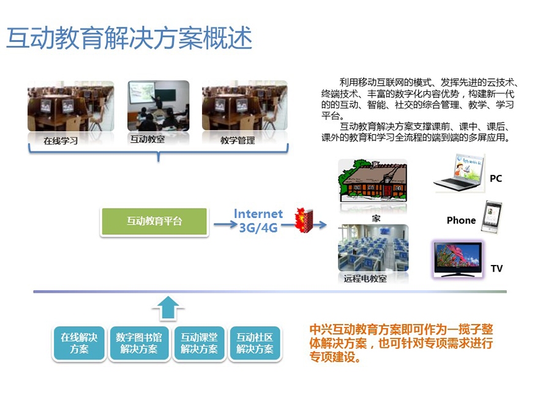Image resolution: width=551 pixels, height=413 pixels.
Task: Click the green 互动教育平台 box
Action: (x=154, y=221)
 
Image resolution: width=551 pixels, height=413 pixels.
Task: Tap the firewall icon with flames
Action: (x=304, y=220)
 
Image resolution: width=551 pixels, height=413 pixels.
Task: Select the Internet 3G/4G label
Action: (x=258, y=221)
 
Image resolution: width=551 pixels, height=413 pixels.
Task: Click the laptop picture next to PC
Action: (x=459, y=173)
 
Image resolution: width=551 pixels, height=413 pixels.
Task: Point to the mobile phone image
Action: (x=491, y=217)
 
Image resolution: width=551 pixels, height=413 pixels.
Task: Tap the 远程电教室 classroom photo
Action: (x=373, y=248)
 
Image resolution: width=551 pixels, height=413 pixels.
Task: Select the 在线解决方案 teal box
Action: (x=79, y=343)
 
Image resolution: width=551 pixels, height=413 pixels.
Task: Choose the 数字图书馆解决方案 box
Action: (x=139, y=343)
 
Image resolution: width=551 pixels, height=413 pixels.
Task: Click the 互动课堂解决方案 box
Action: (x=199, y=343)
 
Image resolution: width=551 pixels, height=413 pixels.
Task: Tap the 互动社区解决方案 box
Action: (x=255, y=343)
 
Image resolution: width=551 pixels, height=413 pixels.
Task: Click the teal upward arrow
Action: (x=168, y=308)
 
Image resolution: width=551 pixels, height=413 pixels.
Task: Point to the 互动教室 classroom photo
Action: (x=158, y=106)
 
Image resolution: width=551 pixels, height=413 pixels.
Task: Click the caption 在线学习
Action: (x=61, y=141)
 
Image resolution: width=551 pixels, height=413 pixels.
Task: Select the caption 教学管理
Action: (x=238, y=141)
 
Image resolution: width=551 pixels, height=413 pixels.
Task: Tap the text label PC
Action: (x=496, y=179)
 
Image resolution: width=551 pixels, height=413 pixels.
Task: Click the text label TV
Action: (x=497, y=269)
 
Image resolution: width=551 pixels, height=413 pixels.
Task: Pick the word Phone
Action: (x=461, y=220)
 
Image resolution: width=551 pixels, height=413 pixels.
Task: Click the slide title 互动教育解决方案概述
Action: (x=129, y=37)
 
